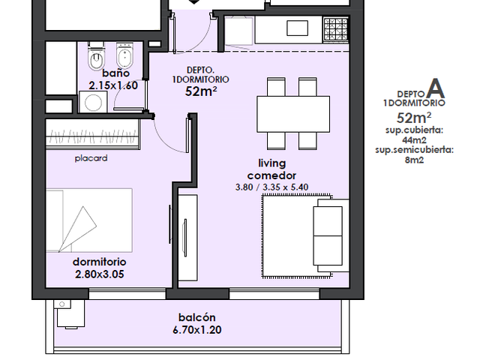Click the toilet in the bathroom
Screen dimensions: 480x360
[97, 57]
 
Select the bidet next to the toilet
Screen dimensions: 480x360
[124, 55]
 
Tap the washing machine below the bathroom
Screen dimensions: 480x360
[93, 102]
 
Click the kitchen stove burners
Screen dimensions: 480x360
[336, 29]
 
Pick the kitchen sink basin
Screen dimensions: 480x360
[297, 28]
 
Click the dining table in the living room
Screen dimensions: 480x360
[293, 114]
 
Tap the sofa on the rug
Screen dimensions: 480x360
[331, 235]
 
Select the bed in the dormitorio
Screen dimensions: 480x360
[89, 220]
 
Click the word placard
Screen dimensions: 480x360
[91, 158]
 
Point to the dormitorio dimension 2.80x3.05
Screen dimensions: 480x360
[100, 274]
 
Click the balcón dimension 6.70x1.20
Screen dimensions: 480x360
[196, 330]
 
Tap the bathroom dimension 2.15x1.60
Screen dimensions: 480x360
[113, 85]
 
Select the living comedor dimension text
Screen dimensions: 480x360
[271, 187]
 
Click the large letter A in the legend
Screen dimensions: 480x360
[436, 88]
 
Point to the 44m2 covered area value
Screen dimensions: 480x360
[414, 140]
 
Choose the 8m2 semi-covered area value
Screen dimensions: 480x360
[414, 160]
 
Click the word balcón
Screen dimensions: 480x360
[196, 317]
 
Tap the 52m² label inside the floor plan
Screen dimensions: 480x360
[201, 91]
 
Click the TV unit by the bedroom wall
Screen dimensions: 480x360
[187, 238]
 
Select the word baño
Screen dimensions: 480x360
[115, 73]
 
